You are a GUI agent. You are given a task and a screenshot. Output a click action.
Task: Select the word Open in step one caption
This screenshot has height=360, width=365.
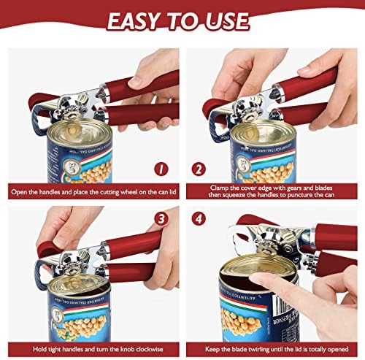coord(19,192)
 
